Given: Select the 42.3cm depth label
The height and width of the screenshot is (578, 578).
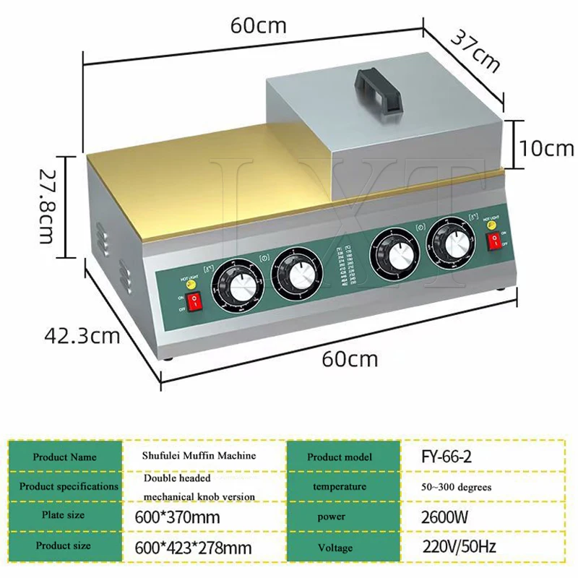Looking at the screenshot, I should click(81, 336).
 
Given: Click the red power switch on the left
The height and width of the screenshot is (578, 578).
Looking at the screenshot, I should click(194, 301).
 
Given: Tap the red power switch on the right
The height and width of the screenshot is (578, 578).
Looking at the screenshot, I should click(495, 242).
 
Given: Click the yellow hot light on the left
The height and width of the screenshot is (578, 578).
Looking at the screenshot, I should click(191, 284).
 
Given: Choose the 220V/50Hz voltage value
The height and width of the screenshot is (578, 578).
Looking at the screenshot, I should click(457, 548).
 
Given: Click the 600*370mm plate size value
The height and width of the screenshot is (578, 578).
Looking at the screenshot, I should click(177, 517).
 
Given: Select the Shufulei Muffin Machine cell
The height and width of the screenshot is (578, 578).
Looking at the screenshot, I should click(199, 456).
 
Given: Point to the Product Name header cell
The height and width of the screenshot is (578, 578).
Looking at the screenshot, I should click(64, 457).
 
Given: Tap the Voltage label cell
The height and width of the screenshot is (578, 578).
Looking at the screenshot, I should click(335, 548).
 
